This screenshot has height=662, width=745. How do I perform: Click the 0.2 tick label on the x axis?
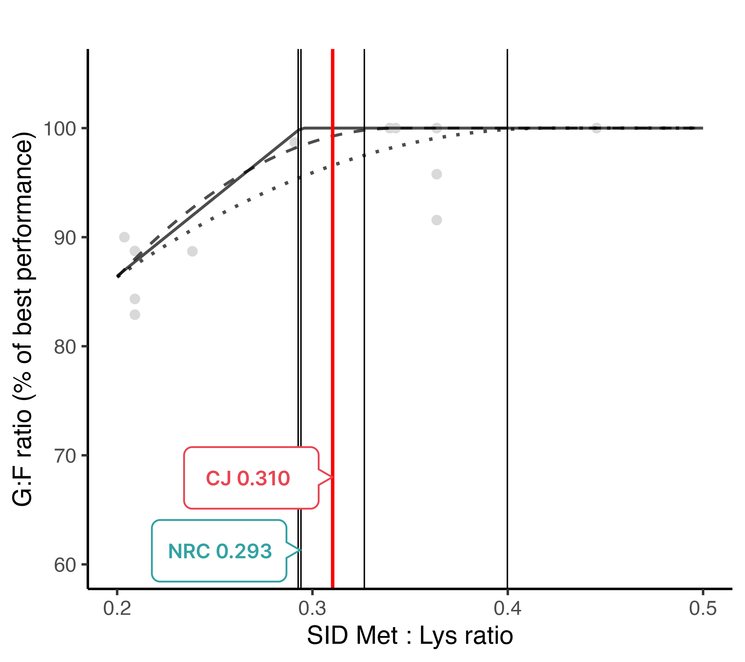pyautogui.click(x=117, y=608)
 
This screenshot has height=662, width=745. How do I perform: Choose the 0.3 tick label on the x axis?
pyautogui.click(x=312, y=608)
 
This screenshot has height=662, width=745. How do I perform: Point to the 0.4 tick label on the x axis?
pyautogui.click(x=507, y=608)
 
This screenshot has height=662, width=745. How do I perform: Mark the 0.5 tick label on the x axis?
pyautogui.click(x=703, y=608)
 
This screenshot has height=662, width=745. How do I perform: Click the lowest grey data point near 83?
pyautogui.click(x=135, y=314)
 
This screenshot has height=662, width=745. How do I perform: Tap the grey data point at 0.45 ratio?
pyautogui.click(x=596, y=128)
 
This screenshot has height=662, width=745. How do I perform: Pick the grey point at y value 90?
pyautogui.click(x=124, y=237)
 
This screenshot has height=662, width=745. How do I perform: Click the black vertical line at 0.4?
pyautogui.click(x=507, y=328)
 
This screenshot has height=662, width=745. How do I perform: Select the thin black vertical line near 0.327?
pyautogui.click(x=364, y=328)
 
